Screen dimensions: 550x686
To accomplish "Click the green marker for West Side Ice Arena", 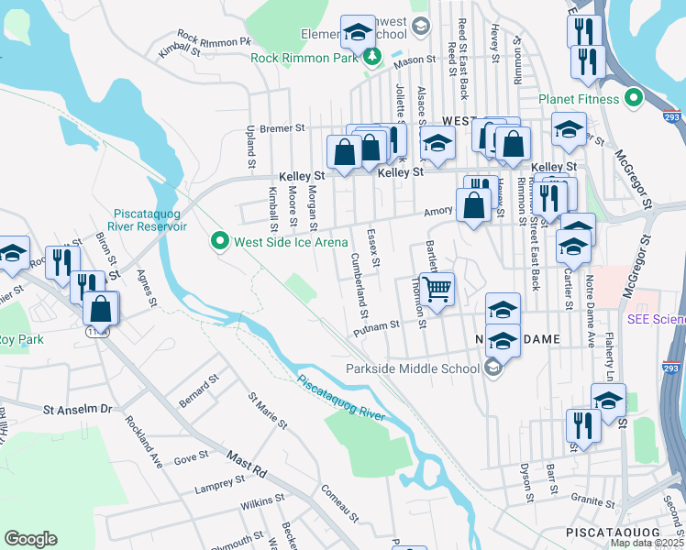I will [219, 242].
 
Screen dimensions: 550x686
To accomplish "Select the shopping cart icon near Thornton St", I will [437, 289].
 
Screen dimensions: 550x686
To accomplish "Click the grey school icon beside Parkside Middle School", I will [493, 368].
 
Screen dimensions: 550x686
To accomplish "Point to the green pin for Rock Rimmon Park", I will [372, 58].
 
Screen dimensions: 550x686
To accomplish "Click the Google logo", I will [30, 539].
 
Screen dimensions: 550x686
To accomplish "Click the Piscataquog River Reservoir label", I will [151, 220].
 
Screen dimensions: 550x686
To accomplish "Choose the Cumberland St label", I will [352, 282].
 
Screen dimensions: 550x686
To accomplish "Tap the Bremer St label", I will [281, 129].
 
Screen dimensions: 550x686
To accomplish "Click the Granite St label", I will [592, 502].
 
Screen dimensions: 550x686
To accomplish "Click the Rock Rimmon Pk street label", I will [214, 40].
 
